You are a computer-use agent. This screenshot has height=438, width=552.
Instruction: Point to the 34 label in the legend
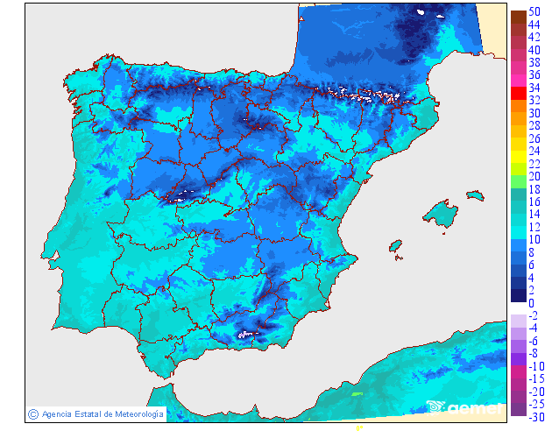534,88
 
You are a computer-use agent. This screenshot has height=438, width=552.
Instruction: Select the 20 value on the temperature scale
534,176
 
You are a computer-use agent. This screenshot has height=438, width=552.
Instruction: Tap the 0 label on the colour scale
531,302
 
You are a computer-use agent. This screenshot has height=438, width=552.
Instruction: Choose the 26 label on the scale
534,138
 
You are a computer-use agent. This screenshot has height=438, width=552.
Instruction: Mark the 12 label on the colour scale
534,227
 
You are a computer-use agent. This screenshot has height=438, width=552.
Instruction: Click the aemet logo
464,406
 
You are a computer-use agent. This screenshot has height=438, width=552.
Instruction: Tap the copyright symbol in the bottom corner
32,413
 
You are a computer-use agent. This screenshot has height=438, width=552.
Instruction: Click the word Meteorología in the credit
134,413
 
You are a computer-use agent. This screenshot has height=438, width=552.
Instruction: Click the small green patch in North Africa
357,394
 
